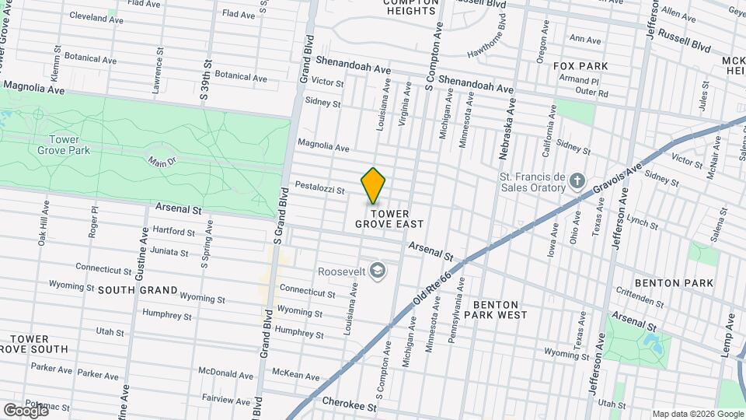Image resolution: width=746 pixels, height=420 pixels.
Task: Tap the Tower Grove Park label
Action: coord(69,145)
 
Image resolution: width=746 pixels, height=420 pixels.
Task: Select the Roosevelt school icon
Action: coord(378,270)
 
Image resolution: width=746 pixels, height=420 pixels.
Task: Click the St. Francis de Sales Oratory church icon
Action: coord(577,182)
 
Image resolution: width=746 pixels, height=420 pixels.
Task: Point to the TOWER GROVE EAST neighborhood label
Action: coord(389,218)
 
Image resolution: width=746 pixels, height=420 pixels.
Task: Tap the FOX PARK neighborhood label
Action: coord(580,66)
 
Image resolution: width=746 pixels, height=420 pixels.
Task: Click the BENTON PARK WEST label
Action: coord(496,310)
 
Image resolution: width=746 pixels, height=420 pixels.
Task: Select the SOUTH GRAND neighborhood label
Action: coord(128,289)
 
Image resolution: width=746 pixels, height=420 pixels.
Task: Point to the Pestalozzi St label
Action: coord(319,187)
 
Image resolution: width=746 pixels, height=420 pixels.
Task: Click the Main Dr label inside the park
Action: coord(164,161)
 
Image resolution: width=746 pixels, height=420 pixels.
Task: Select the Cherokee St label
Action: coord(350,406)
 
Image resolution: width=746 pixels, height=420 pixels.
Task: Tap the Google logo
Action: coord(26,409)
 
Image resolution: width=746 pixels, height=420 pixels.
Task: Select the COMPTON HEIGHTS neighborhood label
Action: coord(410,6)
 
